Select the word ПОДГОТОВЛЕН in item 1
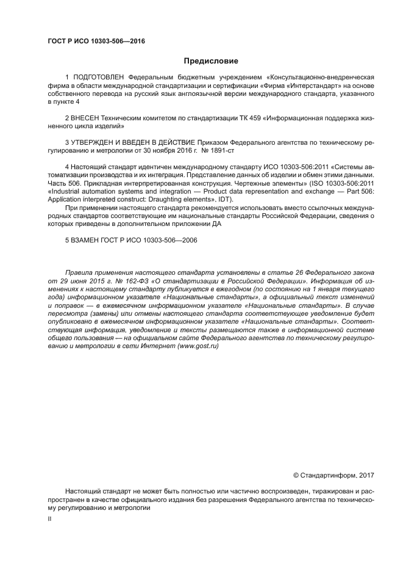(98, 78)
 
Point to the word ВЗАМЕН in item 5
(88, 240)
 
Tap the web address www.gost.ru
(198, 346)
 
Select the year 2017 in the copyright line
(366, 475)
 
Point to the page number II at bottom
(49, 518)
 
